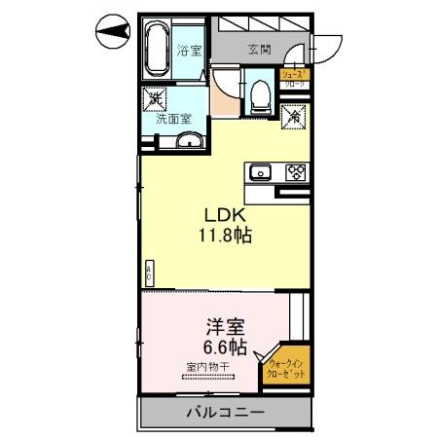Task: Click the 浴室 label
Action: click(189, 51)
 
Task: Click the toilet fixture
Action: click(260, 95)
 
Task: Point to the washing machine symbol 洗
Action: click(155, 98)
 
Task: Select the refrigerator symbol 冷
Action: click(293, 114)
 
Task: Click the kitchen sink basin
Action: click(260, 172)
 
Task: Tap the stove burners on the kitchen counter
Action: click(295, 172)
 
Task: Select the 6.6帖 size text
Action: click(224, 347)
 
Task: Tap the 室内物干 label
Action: click(205, 368)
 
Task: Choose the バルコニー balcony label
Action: click(225, 413)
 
